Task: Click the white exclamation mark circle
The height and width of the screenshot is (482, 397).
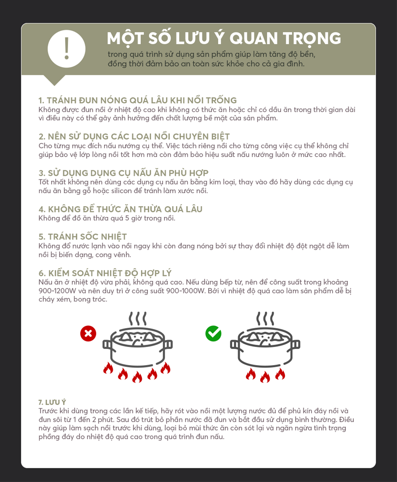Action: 67,49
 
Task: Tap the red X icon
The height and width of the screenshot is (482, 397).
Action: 88,333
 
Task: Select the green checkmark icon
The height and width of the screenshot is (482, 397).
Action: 213,333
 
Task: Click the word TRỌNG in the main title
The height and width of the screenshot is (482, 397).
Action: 312,38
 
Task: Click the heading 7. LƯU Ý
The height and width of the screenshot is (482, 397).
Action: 52,402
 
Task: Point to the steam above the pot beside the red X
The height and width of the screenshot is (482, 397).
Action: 137,319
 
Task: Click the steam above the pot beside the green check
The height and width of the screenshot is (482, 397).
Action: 265,319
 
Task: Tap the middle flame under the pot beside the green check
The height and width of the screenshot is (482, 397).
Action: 265,377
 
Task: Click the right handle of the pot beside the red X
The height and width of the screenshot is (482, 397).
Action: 168,345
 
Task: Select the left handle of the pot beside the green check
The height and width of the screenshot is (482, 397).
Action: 235,345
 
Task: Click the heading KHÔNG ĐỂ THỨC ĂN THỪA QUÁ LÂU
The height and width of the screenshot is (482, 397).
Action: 121,209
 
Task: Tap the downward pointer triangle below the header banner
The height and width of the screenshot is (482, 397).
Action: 54,80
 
